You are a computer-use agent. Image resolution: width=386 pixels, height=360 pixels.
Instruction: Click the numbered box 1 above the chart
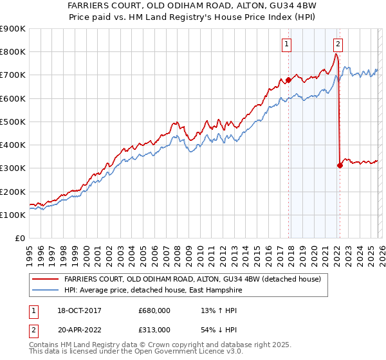click(x=286, y=44)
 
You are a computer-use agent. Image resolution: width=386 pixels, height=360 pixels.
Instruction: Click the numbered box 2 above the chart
click(x=338, y=44)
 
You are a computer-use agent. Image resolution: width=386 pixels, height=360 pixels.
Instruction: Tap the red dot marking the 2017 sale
click(x=288, y=80)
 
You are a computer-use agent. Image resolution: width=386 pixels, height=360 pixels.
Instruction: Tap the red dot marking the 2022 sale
click(x=340, y=165)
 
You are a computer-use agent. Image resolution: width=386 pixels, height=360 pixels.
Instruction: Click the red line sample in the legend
click(x=46, y=280)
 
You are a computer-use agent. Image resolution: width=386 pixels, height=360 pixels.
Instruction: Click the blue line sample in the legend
click(x=46, y=291)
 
